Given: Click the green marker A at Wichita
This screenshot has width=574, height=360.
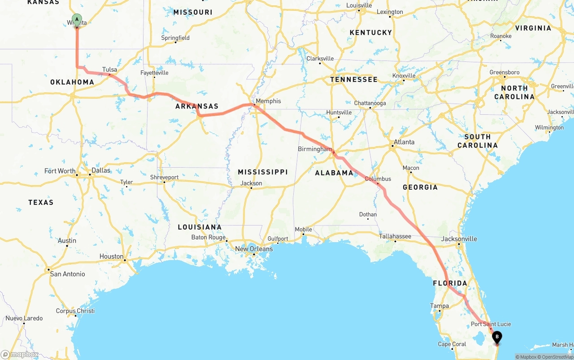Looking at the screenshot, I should click(x=77, y=20).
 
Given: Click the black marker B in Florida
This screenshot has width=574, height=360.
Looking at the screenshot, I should click(x=497, y=337).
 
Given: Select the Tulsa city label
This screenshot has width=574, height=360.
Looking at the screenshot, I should click(x=109, y=69).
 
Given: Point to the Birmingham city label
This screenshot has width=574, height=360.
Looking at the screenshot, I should click(x=315, y=149).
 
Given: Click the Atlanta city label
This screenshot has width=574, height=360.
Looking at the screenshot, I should click(x=404, y=142).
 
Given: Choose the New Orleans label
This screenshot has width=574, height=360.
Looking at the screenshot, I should click(x=254, y=249).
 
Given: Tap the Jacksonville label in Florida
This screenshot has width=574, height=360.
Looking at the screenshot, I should click(x=459, y=239).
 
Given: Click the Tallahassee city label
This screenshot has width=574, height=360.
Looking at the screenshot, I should click(x=395, y=236).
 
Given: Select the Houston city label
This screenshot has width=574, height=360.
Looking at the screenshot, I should click(x=111, y=256).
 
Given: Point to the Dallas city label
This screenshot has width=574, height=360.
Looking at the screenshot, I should click(x=100, y=170).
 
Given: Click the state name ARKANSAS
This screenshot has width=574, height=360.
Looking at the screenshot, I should click(x=197, y=106).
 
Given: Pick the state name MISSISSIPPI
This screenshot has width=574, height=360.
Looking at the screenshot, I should click(x=263, y=172).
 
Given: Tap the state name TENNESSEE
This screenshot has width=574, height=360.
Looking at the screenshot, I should click(x=354, y=79).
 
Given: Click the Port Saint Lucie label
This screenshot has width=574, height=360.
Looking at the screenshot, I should click(x=491, y=324).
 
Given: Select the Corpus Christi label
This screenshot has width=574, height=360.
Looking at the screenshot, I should click(x=75, y=311).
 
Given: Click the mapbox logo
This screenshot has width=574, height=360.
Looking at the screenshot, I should click(x=20, y=354).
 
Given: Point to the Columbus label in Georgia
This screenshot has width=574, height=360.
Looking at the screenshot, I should click(x=378, y=178).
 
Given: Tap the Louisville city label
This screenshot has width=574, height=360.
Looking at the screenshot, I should click(x=359, y=5).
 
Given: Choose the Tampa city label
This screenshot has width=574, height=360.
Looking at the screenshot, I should click(x=439, y=306).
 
